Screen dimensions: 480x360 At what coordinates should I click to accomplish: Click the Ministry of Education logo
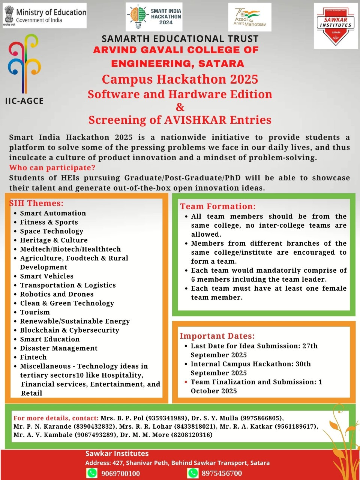[45, 16]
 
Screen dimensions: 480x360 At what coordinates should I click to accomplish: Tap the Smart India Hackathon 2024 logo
[154, 17]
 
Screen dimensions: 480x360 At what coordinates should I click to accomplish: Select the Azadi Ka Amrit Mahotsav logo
[250, 17]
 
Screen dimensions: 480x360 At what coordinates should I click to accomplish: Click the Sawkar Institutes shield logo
[336, 26]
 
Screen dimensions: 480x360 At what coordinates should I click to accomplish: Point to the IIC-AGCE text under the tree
[24, 101]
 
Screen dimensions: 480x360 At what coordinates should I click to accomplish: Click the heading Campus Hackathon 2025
[180, 79]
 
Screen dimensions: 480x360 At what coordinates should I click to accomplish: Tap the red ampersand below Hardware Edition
[180, 107]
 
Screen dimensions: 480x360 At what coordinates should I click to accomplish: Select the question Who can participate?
[52, 168]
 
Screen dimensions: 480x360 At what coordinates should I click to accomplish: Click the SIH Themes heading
[36, 203]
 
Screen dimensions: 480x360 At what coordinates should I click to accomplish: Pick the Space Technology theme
[51, 231]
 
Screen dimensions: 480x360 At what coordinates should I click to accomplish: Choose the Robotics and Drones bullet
[57, 294]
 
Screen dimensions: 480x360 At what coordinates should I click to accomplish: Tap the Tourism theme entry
[35, 312]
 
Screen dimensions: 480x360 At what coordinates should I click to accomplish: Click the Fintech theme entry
[33, 357]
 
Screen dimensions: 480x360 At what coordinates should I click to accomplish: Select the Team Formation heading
[218, 206]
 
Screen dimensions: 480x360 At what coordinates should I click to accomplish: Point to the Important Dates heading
[217, 336]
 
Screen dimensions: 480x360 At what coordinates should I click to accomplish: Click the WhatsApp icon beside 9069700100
[92, 473]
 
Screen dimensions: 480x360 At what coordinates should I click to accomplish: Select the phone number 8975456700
[222, 473]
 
